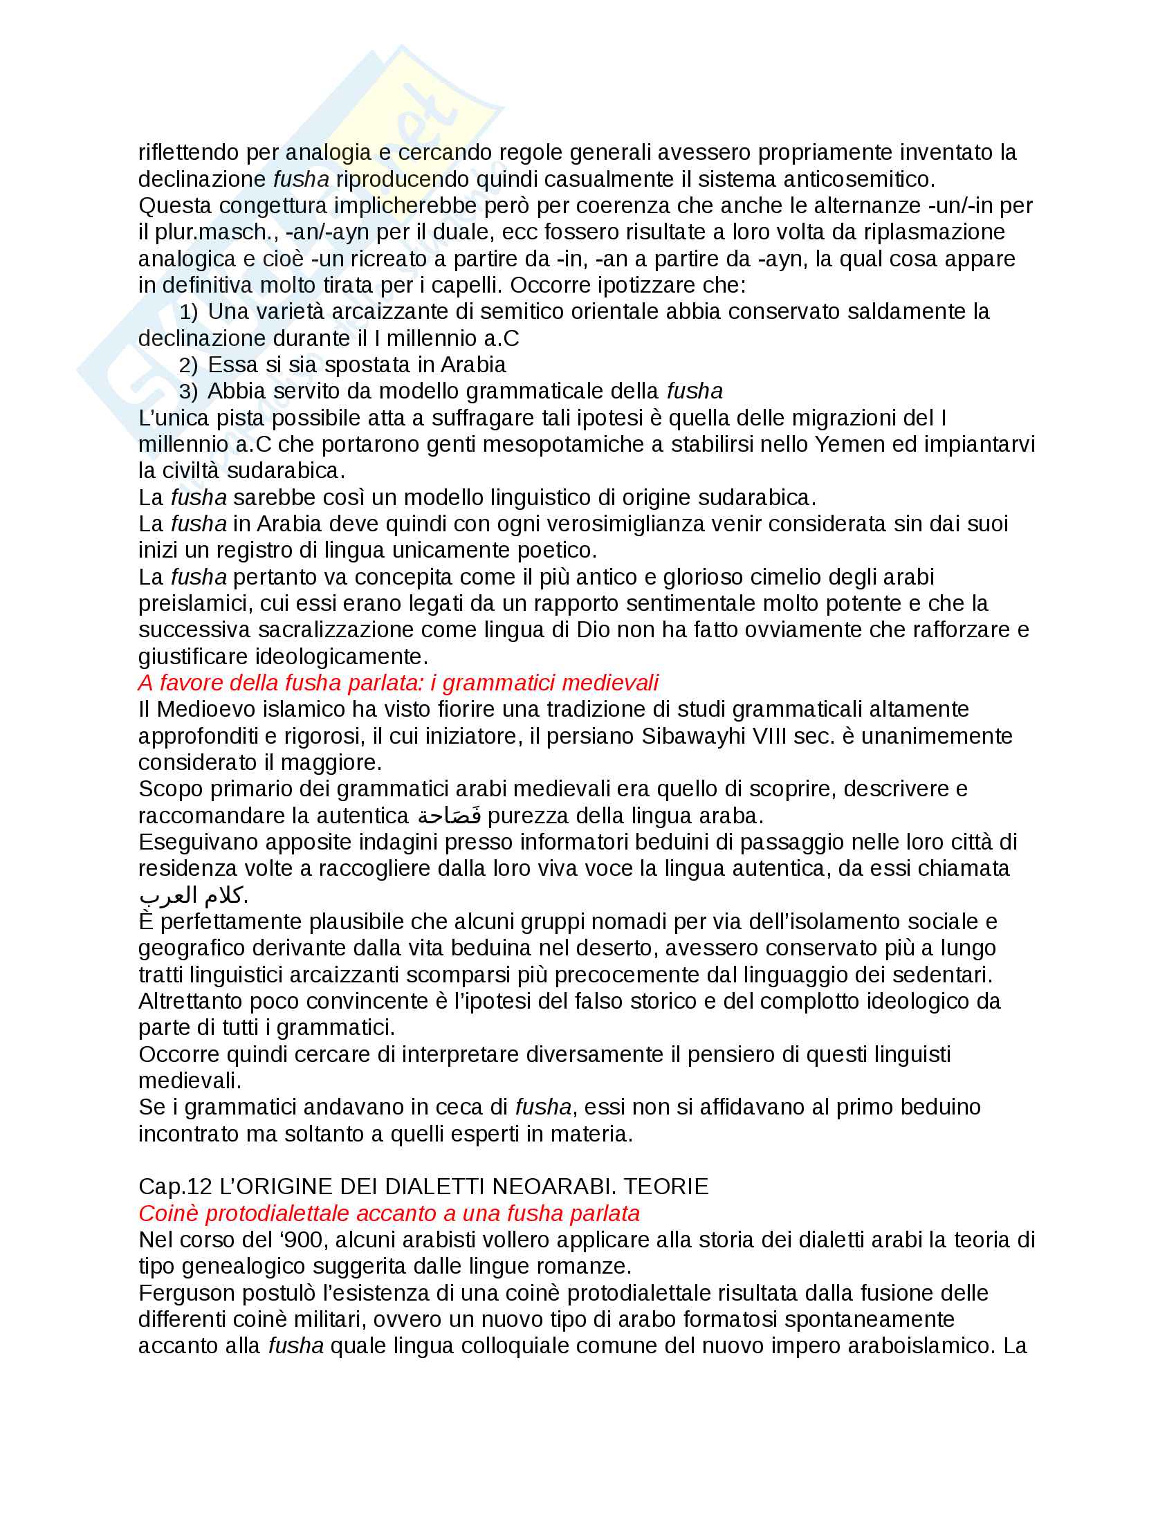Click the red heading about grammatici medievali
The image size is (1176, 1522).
pyautogui.click(x=398, y=683)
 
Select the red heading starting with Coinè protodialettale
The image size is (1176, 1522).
pyautogui.click(x=389, y=1213)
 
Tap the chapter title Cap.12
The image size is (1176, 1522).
pyautogui.click(x=423, y=1186)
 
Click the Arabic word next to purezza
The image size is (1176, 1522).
pyautogui.click(x=449, y=815)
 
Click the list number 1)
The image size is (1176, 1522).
pyautogui.click(x=188, y=312)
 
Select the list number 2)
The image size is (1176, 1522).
pyautogui.click(x=188, y=365)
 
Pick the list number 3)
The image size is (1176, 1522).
pyautogui.click(x=188, y=392)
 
